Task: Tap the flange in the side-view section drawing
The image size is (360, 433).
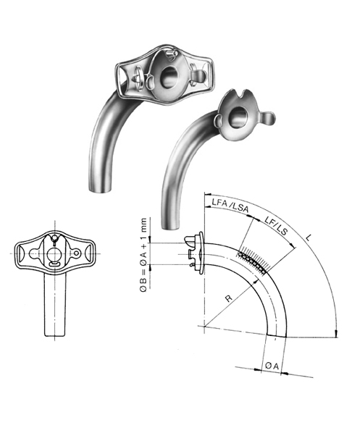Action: [x=196, y=251]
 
